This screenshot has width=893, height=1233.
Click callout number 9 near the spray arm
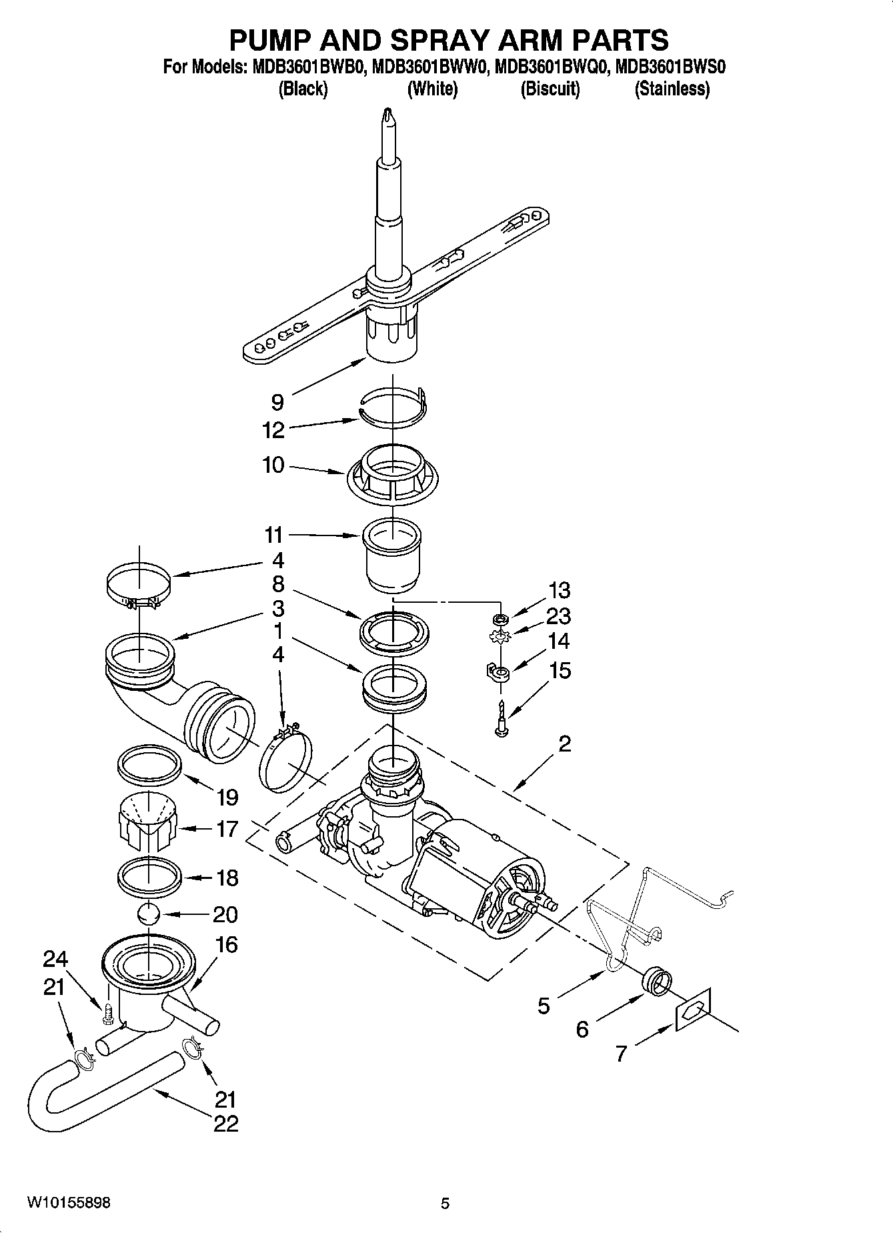click(x=277, y=402)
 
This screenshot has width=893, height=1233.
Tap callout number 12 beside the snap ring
click(x=273, y=430)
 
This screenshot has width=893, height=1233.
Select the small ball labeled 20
click(x=149, y=913)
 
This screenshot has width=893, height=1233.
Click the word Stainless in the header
click(x=672, y=89)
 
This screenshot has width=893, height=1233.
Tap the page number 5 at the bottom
click(x=445, y=1203)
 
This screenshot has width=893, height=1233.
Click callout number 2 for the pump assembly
click(x=564, y=744)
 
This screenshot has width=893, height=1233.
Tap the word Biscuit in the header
click(x=550, y=89)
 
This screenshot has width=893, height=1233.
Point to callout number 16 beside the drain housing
click(x=227, y=944)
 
